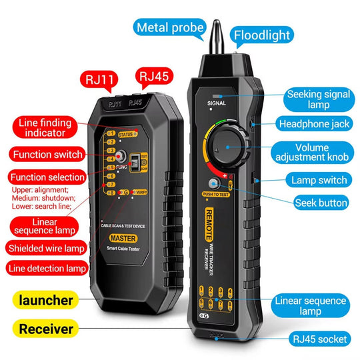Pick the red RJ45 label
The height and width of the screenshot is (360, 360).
coord(153,75)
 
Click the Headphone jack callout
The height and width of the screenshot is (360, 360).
coord(313,124)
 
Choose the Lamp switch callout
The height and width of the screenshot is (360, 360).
coord(319,180)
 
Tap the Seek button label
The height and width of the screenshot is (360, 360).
coord(321,203)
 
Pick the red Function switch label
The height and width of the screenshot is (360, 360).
coord(46,155)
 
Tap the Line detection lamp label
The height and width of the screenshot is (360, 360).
coord(47,269)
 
